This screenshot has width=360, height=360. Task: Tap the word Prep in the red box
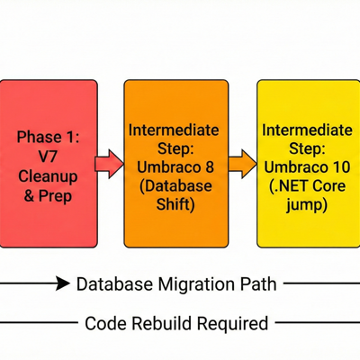tap(61, 195)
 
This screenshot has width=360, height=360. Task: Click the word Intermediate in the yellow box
tap(308, 130)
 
